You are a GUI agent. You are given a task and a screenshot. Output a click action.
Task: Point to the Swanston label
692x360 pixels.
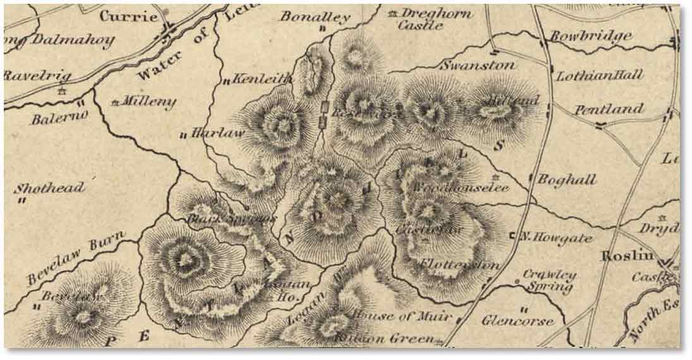[x=478, y=65]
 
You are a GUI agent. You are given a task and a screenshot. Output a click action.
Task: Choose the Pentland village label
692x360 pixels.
[x=609, y=110]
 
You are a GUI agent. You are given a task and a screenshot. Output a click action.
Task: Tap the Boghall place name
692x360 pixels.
[x=566, y=180]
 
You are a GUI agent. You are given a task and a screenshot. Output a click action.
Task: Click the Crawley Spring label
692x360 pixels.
[x=548, y=282]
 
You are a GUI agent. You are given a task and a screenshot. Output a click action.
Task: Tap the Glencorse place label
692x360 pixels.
[x=520, y=320]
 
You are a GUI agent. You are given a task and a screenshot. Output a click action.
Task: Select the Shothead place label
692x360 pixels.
[x=49, y=188]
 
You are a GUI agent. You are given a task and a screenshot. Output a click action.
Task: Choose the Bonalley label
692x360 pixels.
[x=315, y=17]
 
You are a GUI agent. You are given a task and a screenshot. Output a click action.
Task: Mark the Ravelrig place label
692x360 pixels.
[x=38, y=75]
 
